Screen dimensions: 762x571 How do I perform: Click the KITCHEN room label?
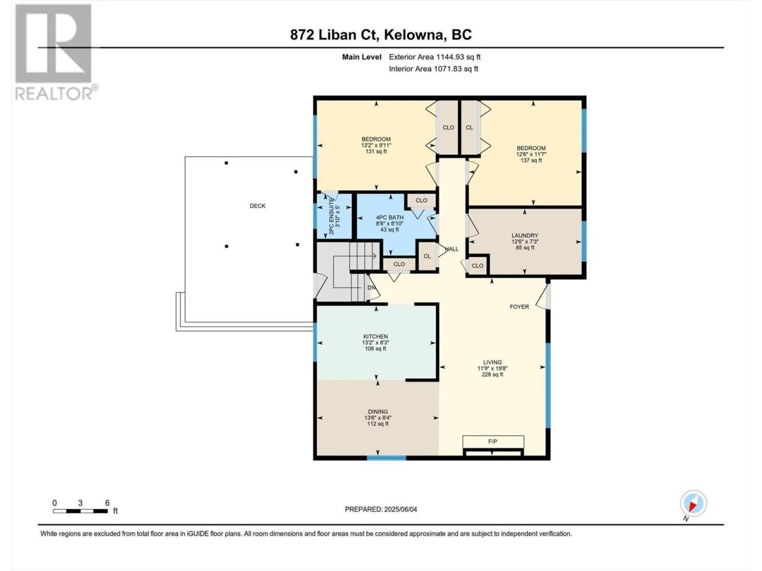pyautogui.click(x=376, y=336)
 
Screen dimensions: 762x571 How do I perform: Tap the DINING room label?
pyautogui.click(x=377, y=412)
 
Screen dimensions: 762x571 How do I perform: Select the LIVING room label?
pyautogui.click(x=492, y=362)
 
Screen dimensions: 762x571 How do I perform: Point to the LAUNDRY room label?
pyautogui.click(x=524, y=236)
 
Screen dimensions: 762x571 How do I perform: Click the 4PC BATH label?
pyautogui.click(x=389, y=218)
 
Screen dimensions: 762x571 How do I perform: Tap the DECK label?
pyautogui.click(x=258, y=206)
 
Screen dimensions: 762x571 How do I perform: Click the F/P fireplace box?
pyautogui.click(x=493, y=441)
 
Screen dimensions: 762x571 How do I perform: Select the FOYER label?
pyautogui.click(x=519, y=307)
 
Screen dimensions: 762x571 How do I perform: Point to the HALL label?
pyautogui.click(x=452, y=249)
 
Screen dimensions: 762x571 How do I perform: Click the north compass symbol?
pyautogui.click(x=694, y=503)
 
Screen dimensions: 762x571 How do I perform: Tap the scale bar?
pyautogui.click(x=80, y=511)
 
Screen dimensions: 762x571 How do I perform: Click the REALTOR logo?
pyautogui.click(x=55, y=52)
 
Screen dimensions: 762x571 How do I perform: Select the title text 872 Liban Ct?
pyautogui.click(x=334, y=35)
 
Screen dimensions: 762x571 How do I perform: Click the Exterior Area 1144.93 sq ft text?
pyautogui.click(x=435, y=57)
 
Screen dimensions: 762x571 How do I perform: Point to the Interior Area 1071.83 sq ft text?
pyautogui.click(x=433, y=68)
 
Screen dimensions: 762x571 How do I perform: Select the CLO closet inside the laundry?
pyautogui.click(x=477, y=266)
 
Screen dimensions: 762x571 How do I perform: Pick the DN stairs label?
pyautogui.click(x=371, y=288)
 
